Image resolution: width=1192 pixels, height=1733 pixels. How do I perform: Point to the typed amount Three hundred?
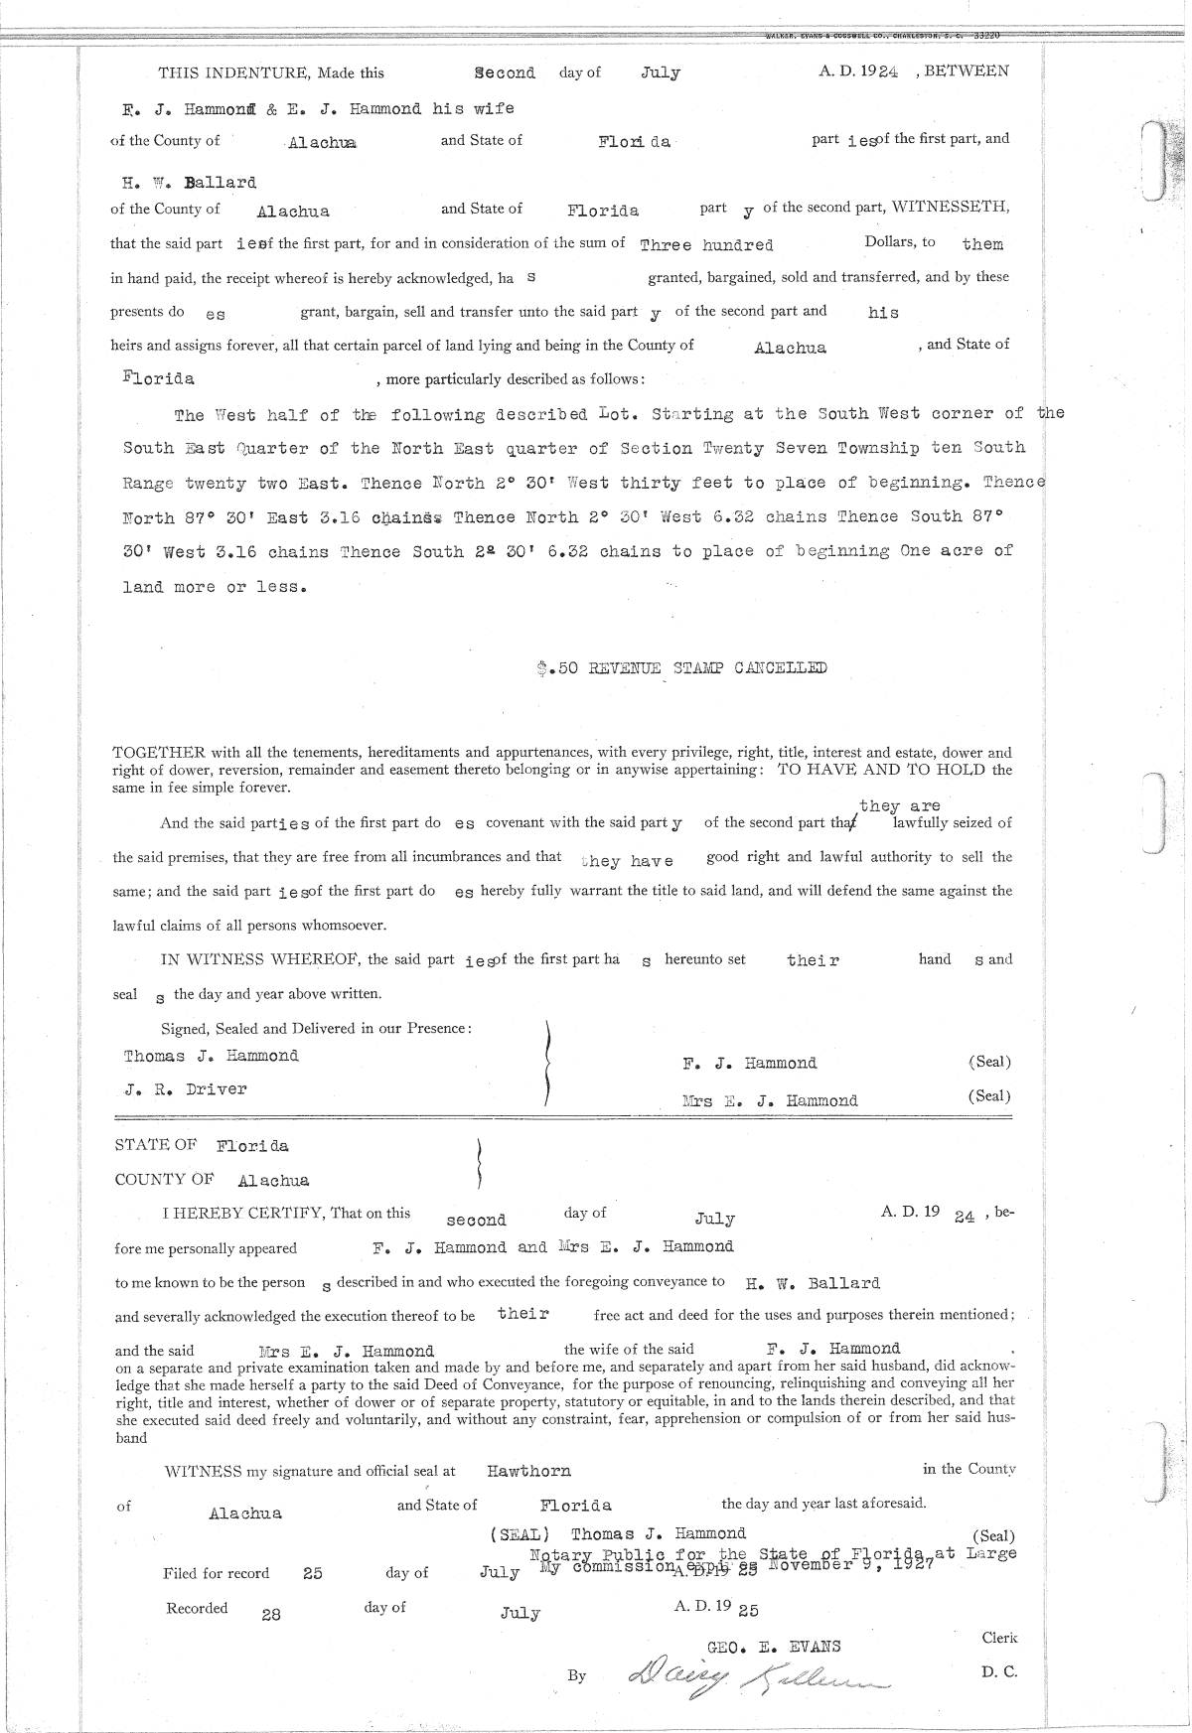point(706,244)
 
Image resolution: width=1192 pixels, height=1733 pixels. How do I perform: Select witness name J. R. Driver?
point(186,1089)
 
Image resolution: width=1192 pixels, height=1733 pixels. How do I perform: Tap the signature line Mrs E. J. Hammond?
point(770,1100)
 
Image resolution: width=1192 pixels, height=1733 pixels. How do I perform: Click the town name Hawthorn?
point(528,1471)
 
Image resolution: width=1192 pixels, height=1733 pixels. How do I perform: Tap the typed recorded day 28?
point(270,1614)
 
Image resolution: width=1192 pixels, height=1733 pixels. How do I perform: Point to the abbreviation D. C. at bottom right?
point(998,1671)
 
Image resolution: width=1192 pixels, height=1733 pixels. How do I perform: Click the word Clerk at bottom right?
point(999,1638)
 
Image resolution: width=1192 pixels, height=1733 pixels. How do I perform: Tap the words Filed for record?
point(216,1573)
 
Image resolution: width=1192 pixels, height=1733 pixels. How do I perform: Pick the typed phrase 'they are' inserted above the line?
point(899,805)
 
